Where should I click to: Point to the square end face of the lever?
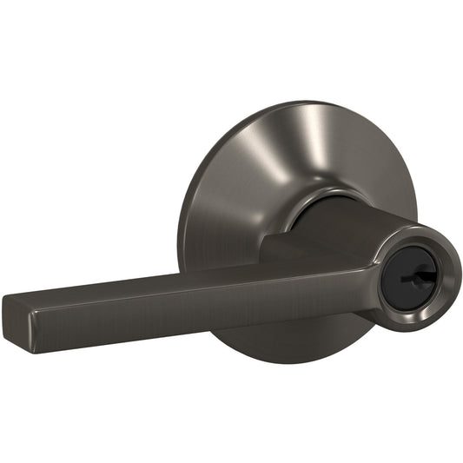point(18,321)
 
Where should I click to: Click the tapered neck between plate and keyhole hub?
point(347,226)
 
